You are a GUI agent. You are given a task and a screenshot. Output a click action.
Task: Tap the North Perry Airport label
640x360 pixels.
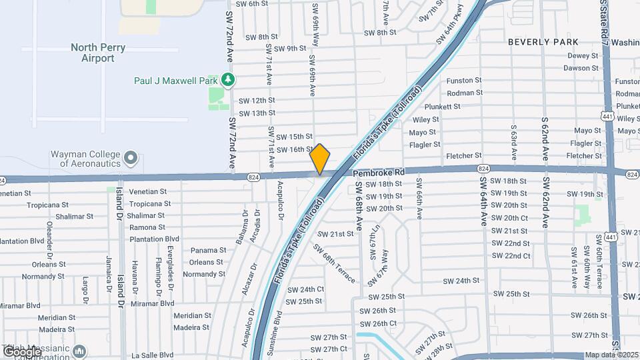(x=97, y=53)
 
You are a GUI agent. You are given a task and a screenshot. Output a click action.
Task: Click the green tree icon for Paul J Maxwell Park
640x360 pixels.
(x=229, y=80)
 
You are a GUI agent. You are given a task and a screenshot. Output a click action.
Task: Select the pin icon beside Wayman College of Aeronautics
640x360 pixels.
(x=131, y=159)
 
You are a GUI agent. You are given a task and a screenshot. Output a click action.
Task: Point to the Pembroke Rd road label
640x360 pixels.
(x=379, y=172)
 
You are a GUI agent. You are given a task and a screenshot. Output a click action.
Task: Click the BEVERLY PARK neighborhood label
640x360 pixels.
(x=543, y=41)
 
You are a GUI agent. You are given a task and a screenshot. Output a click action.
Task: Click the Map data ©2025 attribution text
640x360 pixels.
(x=611, y=355)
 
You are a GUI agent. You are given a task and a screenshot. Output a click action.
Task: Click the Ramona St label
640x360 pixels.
(x=147, y=227)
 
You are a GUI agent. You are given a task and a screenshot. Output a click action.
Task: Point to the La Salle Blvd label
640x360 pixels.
(x=152, y=355)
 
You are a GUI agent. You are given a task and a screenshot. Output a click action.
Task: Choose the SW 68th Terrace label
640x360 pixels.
(x=335, y=263)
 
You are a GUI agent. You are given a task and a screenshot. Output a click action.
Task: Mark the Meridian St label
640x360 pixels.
(x=192, y=315)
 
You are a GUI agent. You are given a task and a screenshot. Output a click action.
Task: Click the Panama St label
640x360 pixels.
(x=204, y=250)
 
